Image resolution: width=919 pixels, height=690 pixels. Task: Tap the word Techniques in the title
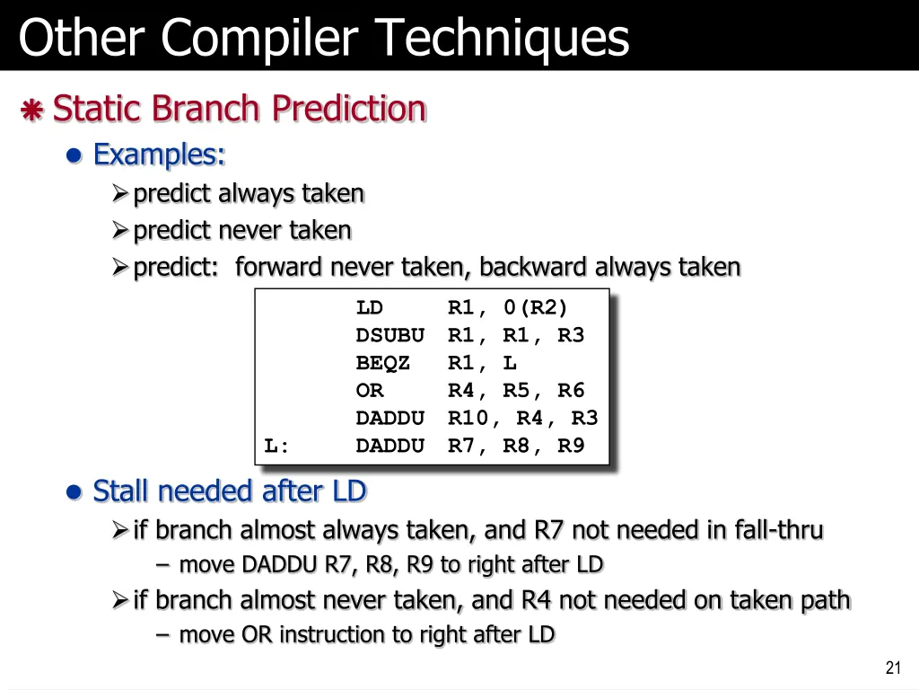(x=502, y=38)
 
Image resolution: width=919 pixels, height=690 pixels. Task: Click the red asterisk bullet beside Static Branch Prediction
(x=32, y=111)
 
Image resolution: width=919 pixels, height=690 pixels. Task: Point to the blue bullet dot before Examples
(x=75, y=156)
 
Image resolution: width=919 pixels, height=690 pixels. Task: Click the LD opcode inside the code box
(x=369, y=308)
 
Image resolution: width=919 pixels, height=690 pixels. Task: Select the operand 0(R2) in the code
(x=535, y=308)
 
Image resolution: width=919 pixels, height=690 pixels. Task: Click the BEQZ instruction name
(x=383, y=363)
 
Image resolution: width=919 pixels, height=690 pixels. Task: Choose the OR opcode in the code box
(x=369, y=391)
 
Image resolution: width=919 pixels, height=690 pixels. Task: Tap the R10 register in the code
(x=468, y=418)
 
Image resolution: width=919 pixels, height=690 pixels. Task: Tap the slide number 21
(x=892, y=667)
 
